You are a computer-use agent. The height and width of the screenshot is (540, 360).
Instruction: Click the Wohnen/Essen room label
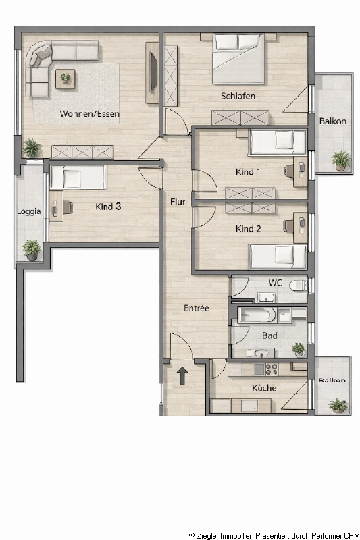pyautogui.click(x=90, y=113)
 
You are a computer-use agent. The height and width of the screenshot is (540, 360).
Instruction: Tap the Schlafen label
pyautogui.click(x=238, y=96)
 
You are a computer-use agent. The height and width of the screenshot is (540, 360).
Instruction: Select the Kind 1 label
pyautogui.click(x=248, y=172)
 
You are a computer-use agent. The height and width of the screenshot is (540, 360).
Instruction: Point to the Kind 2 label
pyautogui.click(x=248, y=229)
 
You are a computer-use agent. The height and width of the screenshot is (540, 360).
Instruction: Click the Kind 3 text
pyautogui.click(x=108, y=207)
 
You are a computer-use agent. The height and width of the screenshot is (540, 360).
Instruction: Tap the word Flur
pyautogui.click(x=178, y=202)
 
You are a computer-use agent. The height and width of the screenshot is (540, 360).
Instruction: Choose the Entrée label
pyautogui.click(x=197, y=308)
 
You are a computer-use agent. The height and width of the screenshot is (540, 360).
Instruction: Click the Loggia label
pyautogui.click(x=29, y=211)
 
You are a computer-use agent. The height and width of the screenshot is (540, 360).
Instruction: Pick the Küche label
pyautogui.click(x=264, y=388)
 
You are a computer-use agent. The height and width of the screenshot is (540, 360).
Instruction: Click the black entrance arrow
pyautogui.click(x=182, y=376)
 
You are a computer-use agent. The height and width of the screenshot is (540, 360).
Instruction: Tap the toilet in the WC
pyautogui.click(x=298, y=286)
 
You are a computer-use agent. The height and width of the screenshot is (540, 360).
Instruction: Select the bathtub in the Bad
pyautogui.click(x=257, y=315)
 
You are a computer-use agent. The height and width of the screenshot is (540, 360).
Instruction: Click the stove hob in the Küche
pyautogui.click(x=272, y=369)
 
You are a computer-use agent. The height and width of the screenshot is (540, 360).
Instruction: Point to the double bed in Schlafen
pyautogui.click(x=238, y=59)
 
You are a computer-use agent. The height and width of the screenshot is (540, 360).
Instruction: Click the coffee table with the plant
pyautogui.click(x=66, y=79)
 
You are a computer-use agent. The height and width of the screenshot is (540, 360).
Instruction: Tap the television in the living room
pyautogui.click(x=153, y=73)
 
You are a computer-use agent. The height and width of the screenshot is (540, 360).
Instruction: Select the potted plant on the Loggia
pyautogui.click(x=32, y=250)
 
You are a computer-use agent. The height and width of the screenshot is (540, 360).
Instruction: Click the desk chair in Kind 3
pyautogui.click(x=68, y=208)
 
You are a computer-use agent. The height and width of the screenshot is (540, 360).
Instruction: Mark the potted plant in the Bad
pyautogui.click(x=299, y=350)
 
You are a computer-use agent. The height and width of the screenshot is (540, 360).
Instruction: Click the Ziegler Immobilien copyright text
pyautogui.click(x=274, y=535)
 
